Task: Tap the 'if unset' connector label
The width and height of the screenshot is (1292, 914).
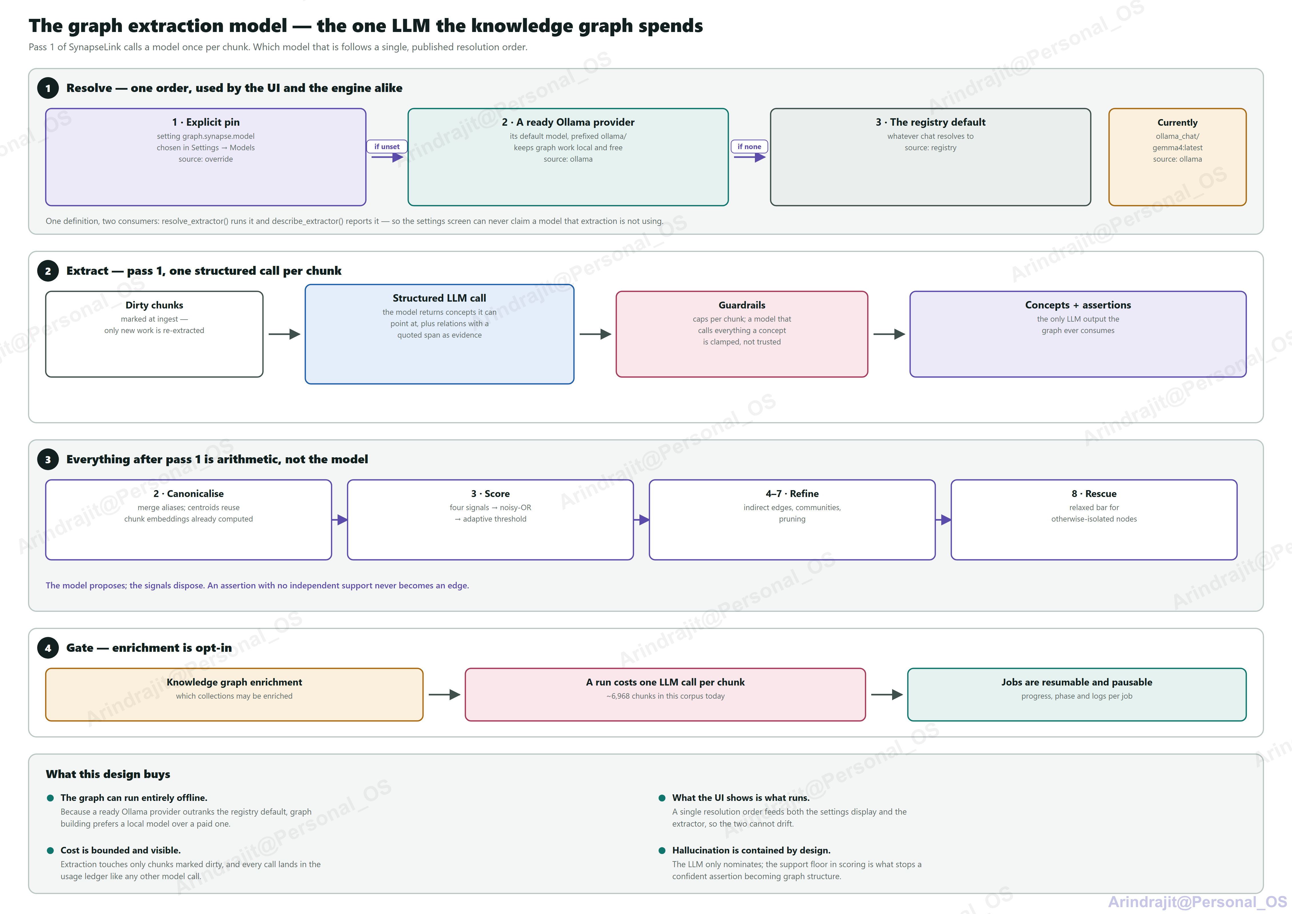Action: pyautogui.click(x=387, y=146)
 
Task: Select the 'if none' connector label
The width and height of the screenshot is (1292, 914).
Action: pyautogui.click(x=749, y=146)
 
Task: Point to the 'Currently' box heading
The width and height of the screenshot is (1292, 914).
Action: pyautogui.click(x=1177, y=123)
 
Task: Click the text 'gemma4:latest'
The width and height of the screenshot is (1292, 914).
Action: pyautogui.click(x=1177, y=147)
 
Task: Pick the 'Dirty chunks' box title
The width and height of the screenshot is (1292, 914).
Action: pyautogui.click(x=154, y=305)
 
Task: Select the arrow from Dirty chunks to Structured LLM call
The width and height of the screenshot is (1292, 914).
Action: pyautogui.click(x=284, y=334)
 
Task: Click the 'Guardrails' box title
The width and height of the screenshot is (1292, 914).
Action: pyautogui.click(x=742, y=305)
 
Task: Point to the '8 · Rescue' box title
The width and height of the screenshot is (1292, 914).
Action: pyautogui.click(x=1094, y=494)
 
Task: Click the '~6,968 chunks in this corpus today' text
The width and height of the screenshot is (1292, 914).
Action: pyautogui.click(x=665, y=696)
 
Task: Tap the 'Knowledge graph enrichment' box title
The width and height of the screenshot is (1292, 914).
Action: pyautogui.click(x=234, y=682)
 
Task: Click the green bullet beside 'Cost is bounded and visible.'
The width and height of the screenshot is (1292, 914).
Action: pyautogui.click(x=50, y=850)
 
